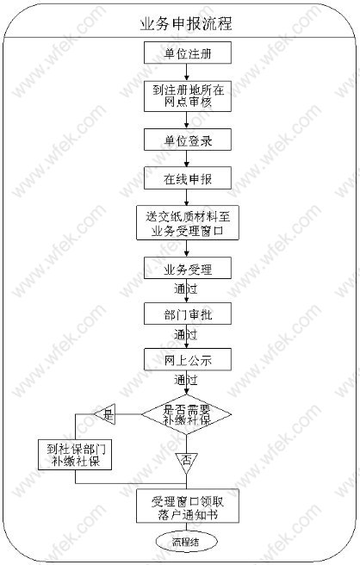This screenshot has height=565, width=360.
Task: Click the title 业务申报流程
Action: tap(186, 24)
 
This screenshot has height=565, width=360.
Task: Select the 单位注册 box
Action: tap(188, 53)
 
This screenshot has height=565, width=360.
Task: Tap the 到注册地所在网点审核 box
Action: tap(188, 96)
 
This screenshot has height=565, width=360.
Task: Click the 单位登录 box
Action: tap(188, 140)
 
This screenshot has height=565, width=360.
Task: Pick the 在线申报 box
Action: tap(188, 178)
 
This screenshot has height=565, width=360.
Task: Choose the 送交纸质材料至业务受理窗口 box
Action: tap(188, 223)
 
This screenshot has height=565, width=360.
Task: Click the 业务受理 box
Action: tap(188, 268)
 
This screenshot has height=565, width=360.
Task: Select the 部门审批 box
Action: tap(188, 314)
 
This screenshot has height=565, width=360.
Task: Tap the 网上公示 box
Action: tap(188, 359)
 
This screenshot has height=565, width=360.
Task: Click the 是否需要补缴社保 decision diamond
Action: tap(186, 414)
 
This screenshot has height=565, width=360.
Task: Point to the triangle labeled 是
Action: tap(105, 414)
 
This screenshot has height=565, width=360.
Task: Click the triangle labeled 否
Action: tap(186, 462)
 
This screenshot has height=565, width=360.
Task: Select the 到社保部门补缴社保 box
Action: tap(75, 455)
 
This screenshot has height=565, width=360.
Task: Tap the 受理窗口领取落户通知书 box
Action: tap(188, 506)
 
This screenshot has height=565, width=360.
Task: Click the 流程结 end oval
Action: tap(187, 542)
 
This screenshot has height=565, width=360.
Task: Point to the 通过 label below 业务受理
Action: tap(185, 289)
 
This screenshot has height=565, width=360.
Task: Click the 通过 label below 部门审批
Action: tap(185, 334)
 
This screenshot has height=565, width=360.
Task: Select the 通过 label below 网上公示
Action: tap(185, 380)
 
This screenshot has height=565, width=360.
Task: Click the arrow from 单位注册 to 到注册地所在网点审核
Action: tap(186, 72)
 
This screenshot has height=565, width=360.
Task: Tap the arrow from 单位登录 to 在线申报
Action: tap(186, 158)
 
